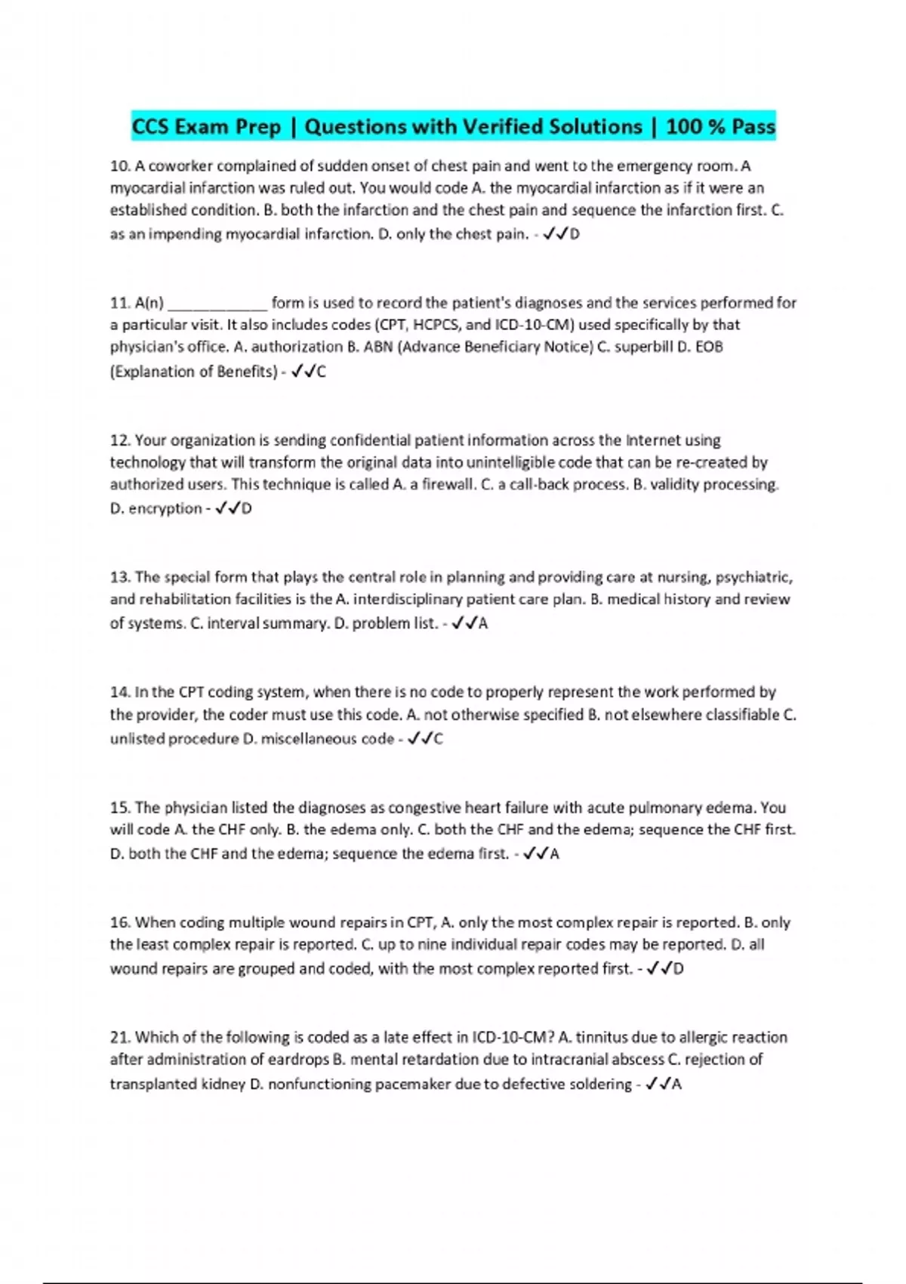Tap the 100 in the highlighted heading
coord(684,126)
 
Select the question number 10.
coord(120,166)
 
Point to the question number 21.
coord(120,1037)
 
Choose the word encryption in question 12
coord(165,508)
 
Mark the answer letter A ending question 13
coord(483,624)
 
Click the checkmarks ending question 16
coord(658,969)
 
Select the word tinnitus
coord(606,1037)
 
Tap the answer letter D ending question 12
coord(247,509)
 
